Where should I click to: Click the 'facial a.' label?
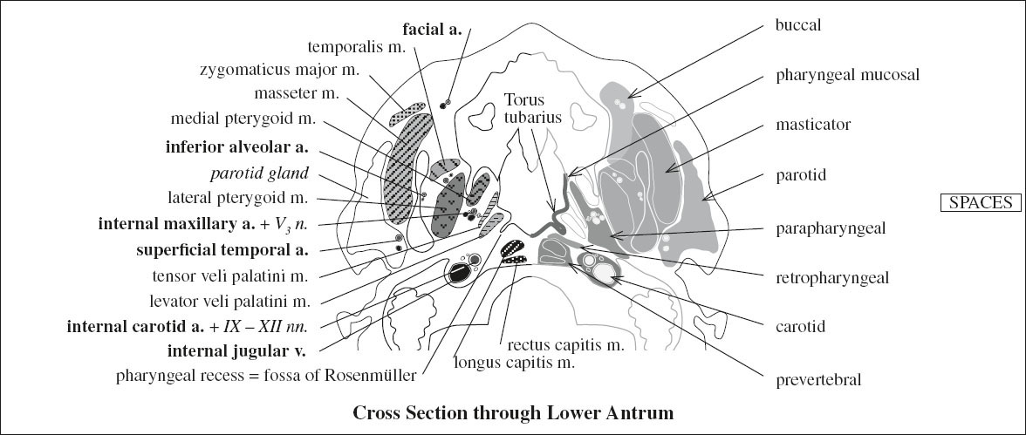click(431, 26)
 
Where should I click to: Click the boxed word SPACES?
click(982, 202)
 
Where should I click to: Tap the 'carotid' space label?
click(798, 328)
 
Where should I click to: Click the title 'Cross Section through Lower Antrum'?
click(513, 412)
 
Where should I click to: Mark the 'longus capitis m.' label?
click(514, 362)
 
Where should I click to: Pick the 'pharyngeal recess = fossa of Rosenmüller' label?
click(266, 377)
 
